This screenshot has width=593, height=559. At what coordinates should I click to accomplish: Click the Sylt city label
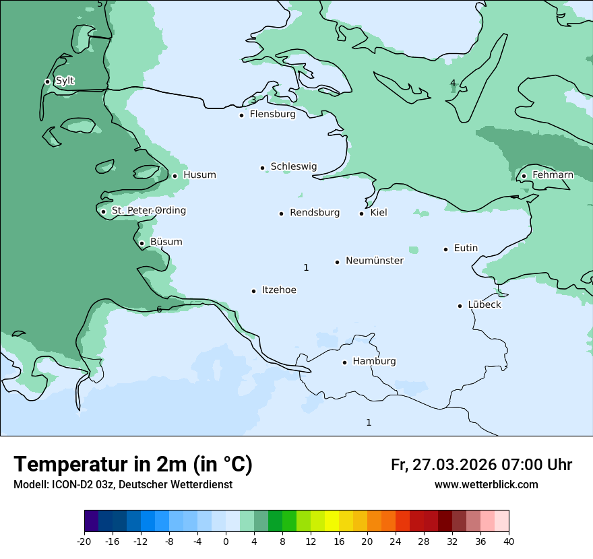pyautogui.click(x=65, y=81)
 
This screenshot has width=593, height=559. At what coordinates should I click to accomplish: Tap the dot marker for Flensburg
pyautogui.click(x=241, y=115)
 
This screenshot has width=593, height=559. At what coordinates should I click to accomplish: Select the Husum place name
pyautogui.click(x=199, y=175)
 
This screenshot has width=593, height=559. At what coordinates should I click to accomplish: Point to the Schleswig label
pyautogui.click(x=293, y=166)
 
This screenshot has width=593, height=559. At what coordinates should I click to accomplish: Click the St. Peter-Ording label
pyautogui.click(x=148, y=211)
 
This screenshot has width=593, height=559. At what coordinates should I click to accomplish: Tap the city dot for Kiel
pyautogui.click(x=362, y=213)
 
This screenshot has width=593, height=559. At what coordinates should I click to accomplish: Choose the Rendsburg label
pyautogui.click(x=315, y=213)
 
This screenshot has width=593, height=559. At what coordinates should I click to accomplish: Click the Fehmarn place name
pyautogui.click(x=553, y=175)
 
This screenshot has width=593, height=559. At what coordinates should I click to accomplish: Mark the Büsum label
pyautogui.click(x=166, y=242)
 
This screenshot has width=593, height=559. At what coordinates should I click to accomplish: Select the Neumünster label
pyautogui.click(x=375, y=261)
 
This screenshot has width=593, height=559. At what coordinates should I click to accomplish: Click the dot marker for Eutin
pyautogui.click(x=445, y=249)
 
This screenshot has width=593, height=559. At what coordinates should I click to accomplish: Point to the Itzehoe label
pyautogui.click(x=279, y=290)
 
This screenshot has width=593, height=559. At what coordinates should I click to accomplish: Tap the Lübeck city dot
pyautogui.click(x=460, y=306)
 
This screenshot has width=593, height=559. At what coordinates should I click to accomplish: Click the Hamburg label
pyautogui.click(x=374, y=361)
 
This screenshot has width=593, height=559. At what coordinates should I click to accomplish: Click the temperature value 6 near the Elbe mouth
pyautogui.click(x=159, y=309)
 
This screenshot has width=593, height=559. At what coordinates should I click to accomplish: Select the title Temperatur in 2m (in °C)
pyautogui.click(x=133, y=464)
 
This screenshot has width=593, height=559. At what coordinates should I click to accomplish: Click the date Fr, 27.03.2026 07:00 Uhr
pyautogui.click(x=481, y=465)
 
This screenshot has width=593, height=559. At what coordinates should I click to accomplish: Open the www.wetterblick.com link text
pyautogui.click(x=486, y=485)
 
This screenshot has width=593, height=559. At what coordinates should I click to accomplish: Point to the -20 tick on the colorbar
pyautogui.click(x=84, y=541)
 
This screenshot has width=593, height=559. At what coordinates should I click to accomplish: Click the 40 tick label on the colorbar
pyautogui.click(x=509, y=541)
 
